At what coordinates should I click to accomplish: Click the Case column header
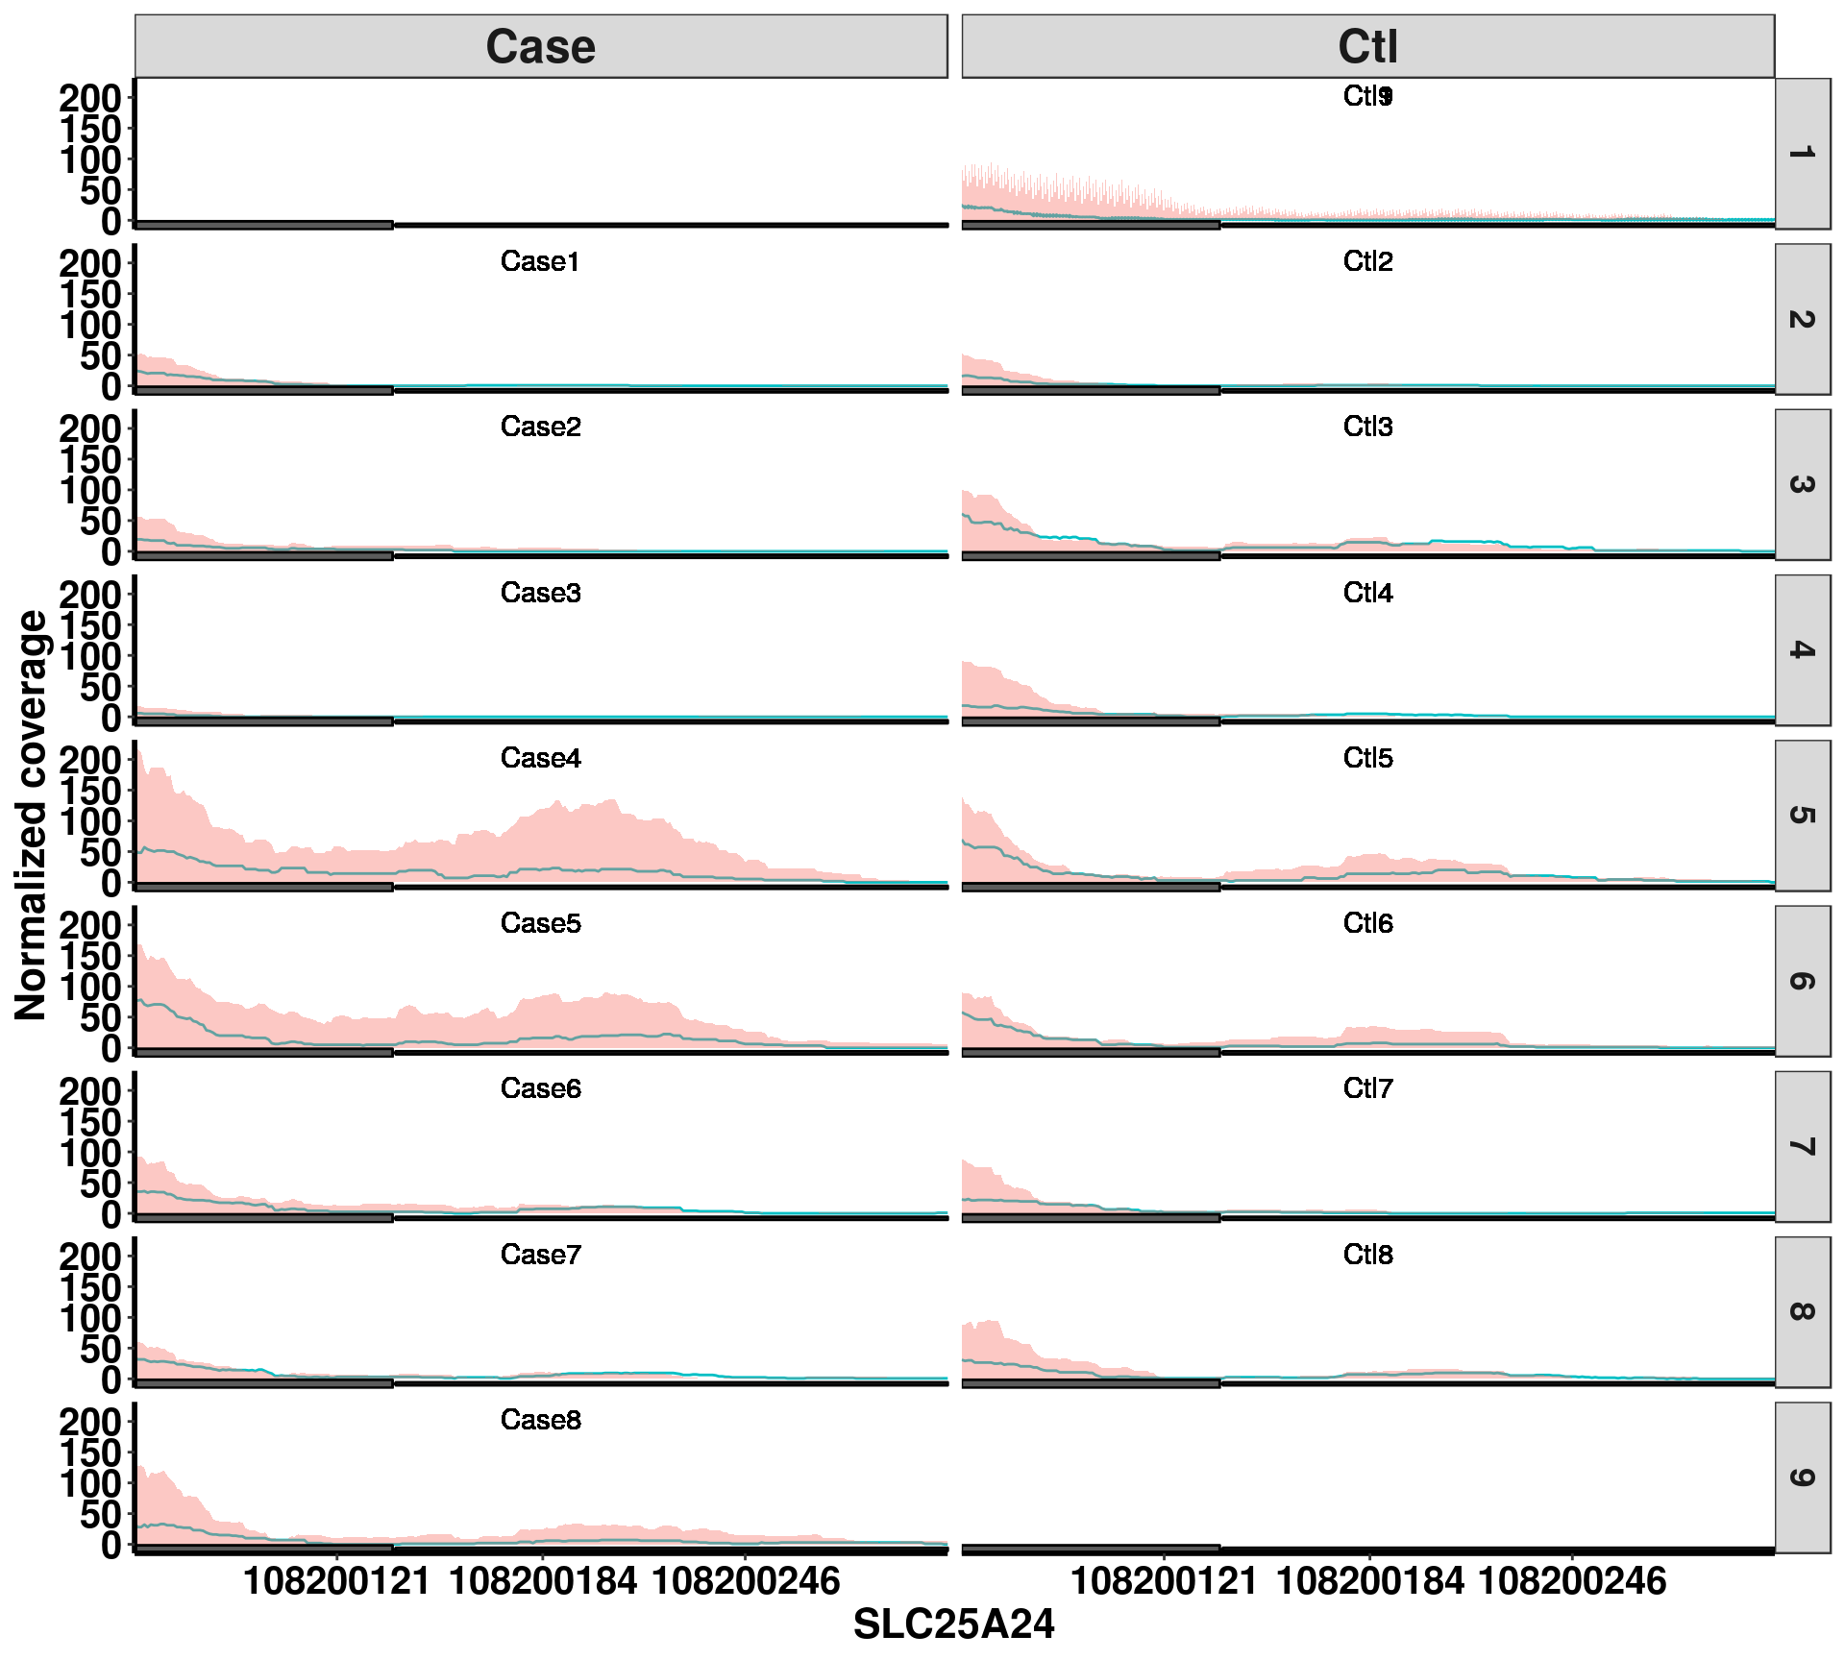[540, 46]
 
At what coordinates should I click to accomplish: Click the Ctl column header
[1367, 46]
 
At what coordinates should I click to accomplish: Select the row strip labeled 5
[1802, 816]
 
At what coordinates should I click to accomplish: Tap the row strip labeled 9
[1802, 1477]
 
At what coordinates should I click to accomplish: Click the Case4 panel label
[540, 758]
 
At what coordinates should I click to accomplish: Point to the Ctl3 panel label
[1367, 427]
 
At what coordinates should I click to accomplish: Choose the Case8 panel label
[540, 1420]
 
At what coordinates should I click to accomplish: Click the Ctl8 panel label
[1367, 1255]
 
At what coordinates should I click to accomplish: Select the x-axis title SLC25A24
[953, 1624]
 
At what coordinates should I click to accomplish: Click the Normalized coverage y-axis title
[31, 815]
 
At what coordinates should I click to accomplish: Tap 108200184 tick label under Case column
[542, 1581]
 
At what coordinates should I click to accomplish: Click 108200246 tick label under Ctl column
[1572, 1581]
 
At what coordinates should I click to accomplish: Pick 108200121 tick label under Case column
[336, 1581]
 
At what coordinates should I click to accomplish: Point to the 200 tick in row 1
[90, 98]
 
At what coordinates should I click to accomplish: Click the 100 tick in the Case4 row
[90, 821]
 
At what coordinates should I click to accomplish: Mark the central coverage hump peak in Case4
[611, 801]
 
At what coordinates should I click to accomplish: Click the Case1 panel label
[540, 261]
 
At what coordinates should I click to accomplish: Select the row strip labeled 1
[1802, 154]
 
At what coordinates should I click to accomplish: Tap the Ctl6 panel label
[1367, 923]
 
